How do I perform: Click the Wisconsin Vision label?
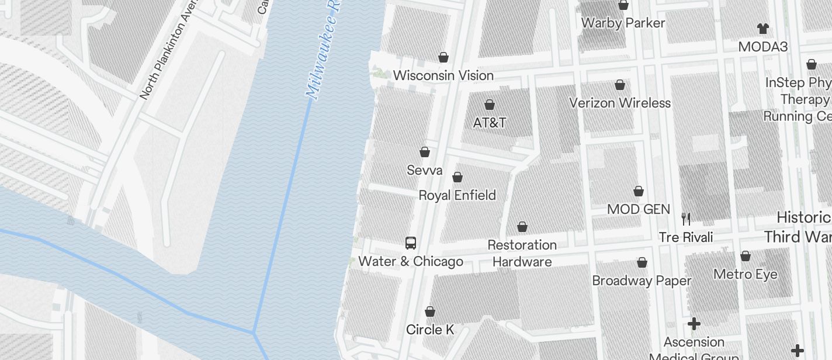click(x=443, y=75)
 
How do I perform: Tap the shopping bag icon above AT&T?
click(x=490, y=105)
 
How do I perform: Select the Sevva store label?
click(x=425, y=171)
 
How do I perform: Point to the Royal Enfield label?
click(x=457, y=195)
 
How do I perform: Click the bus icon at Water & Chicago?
click(x=411, y=243)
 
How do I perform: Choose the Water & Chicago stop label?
click(x=411, y=261)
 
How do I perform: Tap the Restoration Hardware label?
click(x=522, y=253)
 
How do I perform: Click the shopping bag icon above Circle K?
click(x=430, y=311)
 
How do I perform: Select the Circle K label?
click(x=430, y=330)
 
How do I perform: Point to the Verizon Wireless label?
click(x=620, y=103)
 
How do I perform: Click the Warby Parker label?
click(x=623, y=23)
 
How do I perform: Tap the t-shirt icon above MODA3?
click(x=762, y=28)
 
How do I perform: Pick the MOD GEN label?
click(x=639, y=209)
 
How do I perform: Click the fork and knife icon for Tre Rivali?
click(x=686, y=219)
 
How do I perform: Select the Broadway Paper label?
click(x=642, y=281)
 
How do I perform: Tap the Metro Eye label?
click(x=745, y=274)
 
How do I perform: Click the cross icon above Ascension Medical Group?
click(x=694, y=324)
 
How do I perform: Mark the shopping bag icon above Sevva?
click(x=425, y=152)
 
